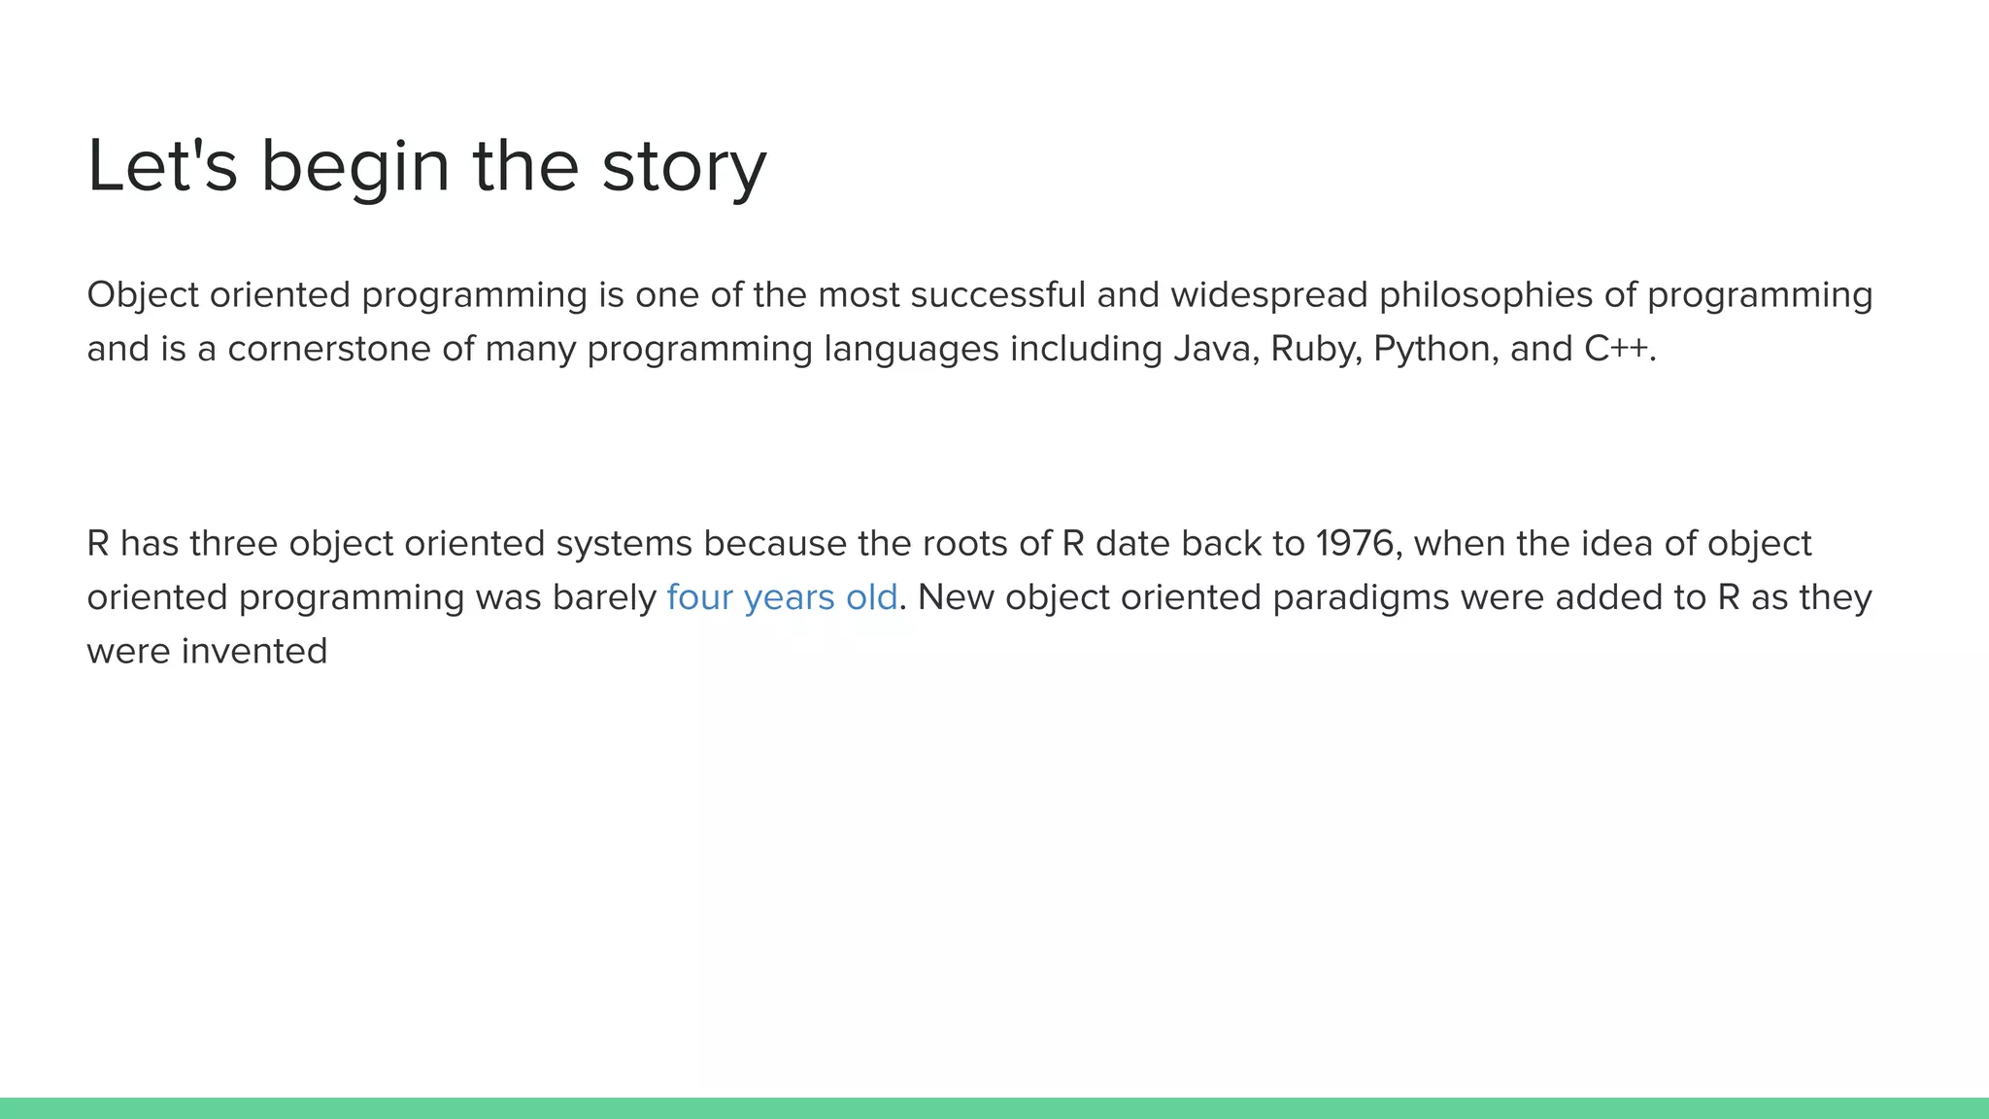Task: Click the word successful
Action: pyautogui.click(x=997, y=294)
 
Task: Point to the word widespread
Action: pyautogui.click(x=1268, y=296)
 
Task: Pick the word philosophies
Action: pyautogui.click(x=1485, y=296)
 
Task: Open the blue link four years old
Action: pyautogui.click(x=782, y=597)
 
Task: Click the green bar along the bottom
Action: pyautogui.click(x=994, y=1108)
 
